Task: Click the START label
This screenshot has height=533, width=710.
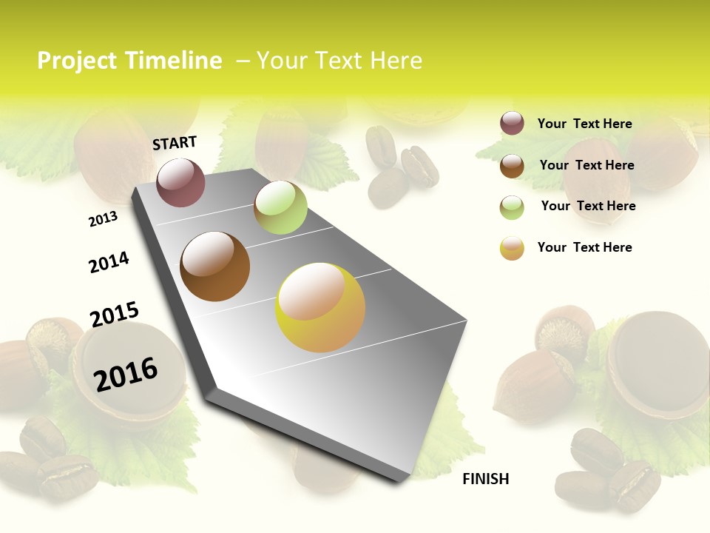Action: click(x=175, y=143)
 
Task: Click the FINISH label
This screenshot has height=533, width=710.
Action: click(x=485, y=479)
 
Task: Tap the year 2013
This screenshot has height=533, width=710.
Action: click(x=103, y=219)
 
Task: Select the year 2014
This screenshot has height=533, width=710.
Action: click(x=109, y=262)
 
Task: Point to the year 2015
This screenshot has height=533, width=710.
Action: click(x=115, y=315)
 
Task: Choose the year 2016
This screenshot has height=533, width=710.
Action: click(x=126, y=374)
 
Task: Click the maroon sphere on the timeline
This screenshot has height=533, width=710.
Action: click(x=180, y=182)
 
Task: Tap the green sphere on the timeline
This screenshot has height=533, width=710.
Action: click(x=280, y=207)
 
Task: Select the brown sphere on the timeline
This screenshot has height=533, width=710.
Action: click(x=215, y=266)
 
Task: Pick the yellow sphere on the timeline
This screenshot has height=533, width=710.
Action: click(x=320, y=307)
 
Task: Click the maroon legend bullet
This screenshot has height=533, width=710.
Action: click(x=512, y=123)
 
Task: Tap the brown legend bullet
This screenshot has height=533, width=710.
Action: click(x=512, y=165)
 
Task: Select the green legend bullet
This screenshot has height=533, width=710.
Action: click(x=512, y=207)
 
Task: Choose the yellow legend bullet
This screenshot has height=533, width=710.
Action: click(x=512, y=248)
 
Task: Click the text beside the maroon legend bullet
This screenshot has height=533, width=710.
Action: click(x=584, y=124)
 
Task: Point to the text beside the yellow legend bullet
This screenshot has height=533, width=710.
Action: click(x=584, y=247)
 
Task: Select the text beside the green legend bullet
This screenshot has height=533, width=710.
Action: click(x=588, y=206)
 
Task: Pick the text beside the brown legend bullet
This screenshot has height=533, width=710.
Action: click(x=586, y=165)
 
